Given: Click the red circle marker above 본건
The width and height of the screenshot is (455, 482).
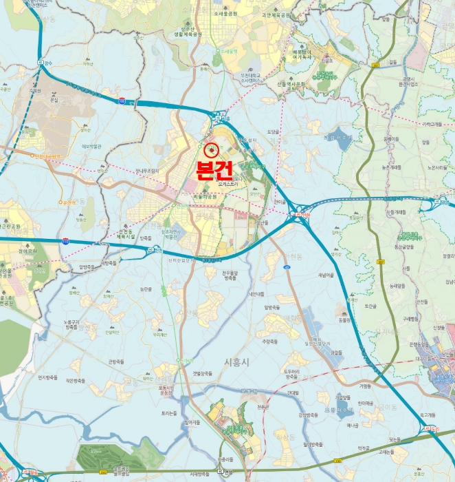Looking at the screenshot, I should (x=211, y=149).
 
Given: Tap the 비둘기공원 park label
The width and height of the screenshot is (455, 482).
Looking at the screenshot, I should (x=203, y=196).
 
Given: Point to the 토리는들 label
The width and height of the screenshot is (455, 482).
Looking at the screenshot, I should (x=168, y=413).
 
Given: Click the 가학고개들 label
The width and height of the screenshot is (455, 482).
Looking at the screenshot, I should (x=435, y=125).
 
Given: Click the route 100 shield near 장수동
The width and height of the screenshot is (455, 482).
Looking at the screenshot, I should (x=122, y=101).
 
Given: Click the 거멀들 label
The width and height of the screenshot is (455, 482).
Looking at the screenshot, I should (x=364, y=386).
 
